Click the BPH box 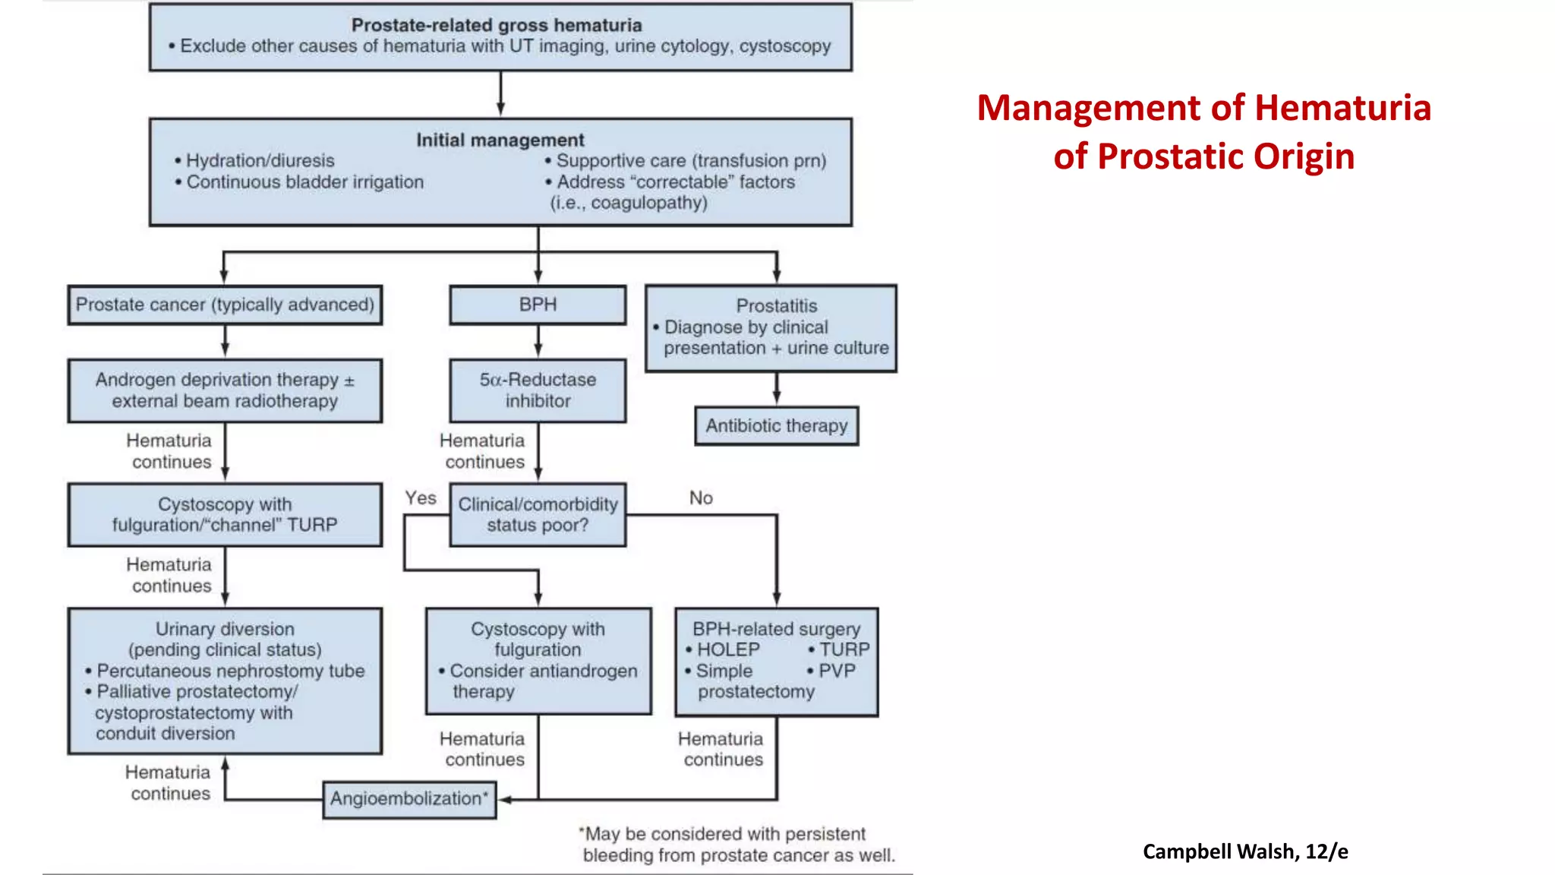538,305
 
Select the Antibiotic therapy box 776,425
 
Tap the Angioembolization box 409,799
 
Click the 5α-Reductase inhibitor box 538,390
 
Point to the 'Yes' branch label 420,498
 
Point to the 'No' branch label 701,498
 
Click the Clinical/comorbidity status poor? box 538,515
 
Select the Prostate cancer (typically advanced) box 225,305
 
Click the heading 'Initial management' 500,140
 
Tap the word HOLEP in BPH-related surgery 727,650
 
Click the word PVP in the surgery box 837,671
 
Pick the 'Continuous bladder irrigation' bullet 304,182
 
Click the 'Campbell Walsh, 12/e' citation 1245,851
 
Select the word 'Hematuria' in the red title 1342,108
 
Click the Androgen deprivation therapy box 225,390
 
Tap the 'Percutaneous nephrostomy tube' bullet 230,671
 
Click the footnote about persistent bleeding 736,845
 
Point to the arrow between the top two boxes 500,94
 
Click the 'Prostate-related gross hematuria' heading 497,25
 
